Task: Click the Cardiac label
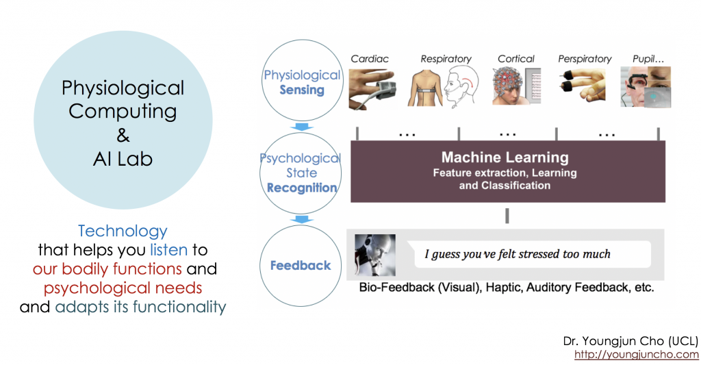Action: [370, 59]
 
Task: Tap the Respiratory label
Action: [446, 59]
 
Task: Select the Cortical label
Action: [516, 59]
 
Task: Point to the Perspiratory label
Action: [585, 59]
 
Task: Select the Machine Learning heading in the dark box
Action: [505, 158]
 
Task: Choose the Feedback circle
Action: [301, 266]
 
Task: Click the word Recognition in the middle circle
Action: [302, 188]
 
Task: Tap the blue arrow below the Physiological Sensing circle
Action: [299, 127]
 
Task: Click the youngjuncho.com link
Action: [636, 355]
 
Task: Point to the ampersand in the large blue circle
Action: [123, 136]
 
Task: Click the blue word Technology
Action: [123, 231]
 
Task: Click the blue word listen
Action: [168, 249]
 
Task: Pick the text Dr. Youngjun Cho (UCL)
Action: [630, 341]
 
